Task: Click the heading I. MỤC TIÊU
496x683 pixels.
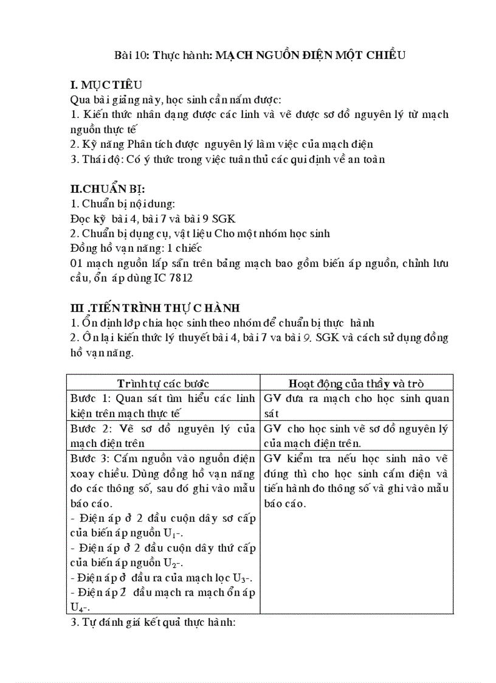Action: [x=106, y=85]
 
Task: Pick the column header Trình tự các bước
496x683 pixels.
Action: [x=163, y=383]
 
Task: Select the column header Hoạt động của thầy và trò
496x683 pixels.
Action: [x=356, y=383]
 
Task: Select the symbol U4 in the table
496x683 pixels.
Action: [x=77, y=607]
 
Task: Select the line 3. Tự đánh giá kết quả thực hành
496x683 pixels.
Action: [x=153, y=623]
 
